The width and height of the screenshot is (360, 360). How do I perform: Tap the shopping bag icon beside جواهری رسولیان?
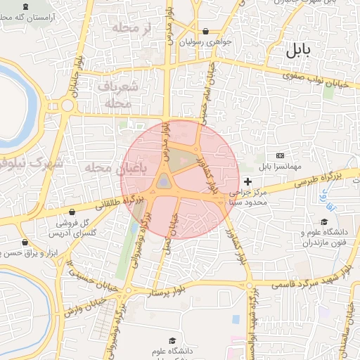205,32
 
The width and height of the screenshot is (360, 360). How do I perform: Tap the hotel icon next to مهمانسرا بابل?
280,155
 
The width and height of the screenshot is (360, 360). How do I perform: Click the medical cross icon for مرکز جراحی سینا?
247,181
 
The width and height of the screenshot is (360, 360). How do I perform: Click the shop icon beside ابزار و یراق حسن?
25,243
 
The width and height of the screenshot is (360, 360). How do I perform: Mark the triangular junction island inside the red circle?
164,182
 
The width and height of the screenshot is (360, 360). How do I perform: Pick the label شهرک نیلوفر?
32,165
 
